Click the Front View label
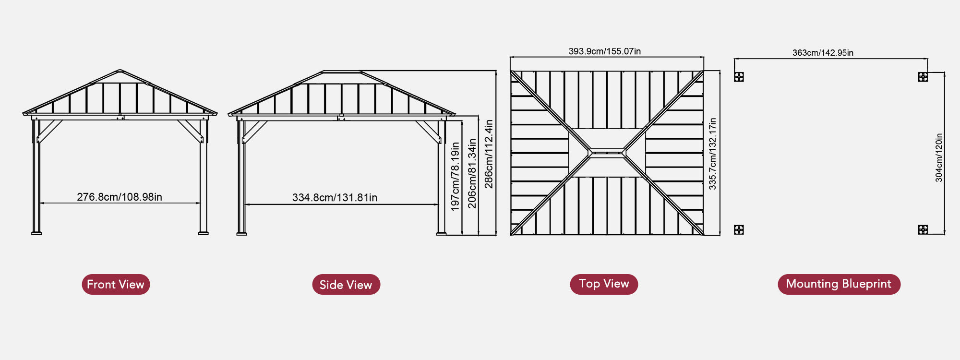click(x=116, y=284)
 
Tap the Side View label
click(x=346, y=285)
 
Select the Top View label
click(x=604, y=284)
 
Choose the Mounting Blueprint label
click(x=839, y=284)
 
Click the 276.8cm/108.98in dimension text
click(x=120, y=197)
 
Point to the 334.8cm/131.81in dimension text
click(x=335, y=197)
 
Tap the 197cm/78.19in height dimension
click(x=455, y=177)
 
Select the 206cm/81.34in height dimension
click(x=472, y=173)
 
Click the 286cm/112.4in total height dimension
click(x=489, y=154)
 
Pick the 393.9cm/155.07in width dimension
click(x=604, y=51)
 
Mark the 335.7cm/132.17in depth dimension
click(x=713, y=154)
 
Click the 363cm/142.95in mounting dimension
click(x=823, y=52)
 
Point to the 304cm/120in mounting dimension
click(x=939, y=157)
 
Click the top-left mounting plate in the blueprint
click(x=739, y=77)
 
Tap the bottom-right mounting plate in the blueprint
click(x=923, y=229)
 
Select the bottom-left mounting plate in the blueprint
click(x=739, y=230)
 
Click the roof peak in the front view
click(x=120, y=71)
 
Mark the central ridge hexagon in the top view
click(x=607, y=153)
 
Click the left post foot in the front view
click(x=36, y=233)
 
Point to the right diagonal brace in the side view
click(x=428, y=132)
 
